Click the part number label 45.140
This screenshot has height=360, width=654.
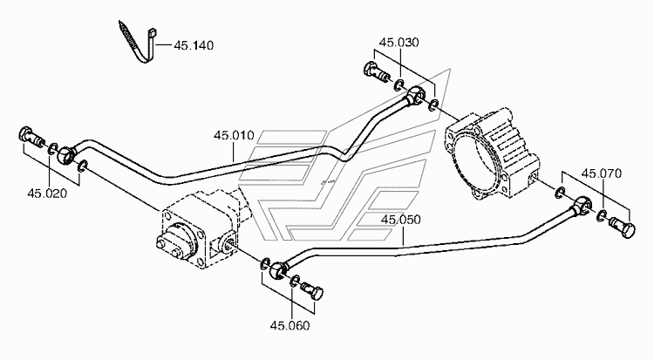point(194,45)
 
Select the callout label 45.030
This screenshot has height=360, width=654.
point(399,43)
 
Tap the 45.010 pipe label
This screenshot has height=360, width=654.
point(234,136)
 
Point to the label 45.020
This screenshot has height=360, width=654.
point(47,194)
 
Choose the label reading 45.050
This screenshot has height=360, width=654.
point(401,220)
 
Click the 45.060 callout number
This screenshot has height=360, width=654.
point(290,325)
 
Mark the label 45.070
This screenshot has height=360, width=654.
point(602,173)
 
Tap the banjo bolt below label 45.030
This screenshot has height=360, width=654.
point(377,71)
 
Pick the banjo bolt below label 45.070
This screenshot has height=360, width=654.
point(623,227)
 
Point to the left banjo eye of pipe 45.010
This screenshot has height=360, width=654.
point(66,154)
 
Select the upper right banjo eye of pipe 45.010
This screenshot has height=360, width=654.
point(415,94)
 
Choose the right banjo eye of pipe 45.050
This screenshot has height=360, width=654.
point(582,204)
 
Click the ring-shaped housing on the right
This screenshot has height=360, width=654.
point(492,153)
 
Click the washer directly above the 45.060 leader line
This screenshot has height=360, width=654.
point(295,282)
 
